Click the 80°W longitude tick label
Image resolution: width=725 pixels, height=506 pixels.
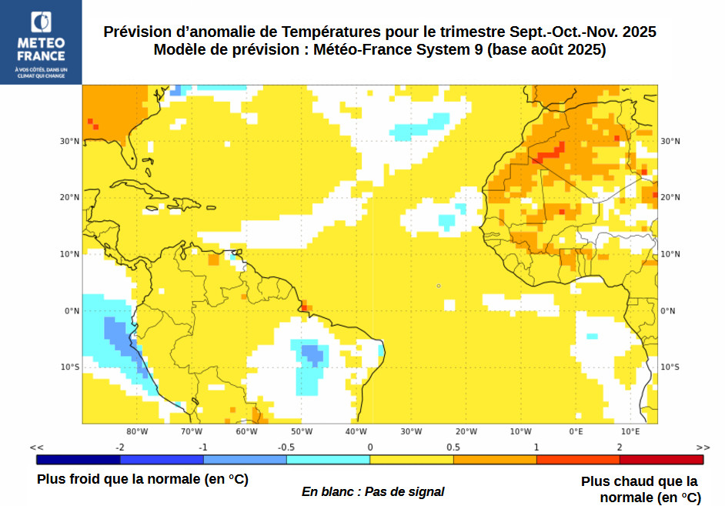[137, 431]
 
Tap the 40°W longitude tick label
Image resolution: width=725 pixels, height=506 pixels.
[356, 431]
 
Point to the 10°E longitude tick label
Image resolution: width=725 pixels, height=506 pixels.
[630, 431]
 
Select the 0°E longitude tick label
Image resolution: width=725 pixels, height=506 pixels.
[576, 431]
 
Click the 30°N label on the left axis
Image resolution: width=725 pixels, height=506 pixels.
[70, 141]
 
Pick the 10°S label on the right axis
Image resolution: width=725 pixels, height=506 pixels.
[670, 367]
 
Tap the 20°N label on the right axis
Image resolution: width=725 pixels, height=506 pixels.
[670, 197]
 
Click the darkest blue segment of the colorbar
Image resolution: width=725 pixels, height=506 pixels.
[79, 460]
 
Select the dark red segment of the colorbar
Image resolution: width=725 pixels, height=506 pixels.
[661, 460]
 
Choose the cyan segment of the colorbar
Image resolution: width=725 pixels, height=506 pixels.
[328, 460]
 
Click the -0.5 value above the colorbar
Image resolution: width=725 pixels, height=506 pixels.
[286, 447]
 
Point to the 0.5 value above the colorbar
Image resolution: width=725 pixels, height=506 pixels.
[453, 447]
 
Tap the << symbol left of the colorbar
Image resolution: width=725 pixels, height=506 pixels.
[36, 447]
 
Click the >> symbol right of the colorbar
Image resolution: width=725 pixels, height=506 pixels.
[703, 447]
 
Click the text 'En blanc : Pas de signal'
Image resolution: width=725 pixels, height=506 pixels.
[373, 491]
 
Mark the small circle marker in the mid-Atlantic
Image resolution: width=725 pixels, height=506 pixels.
[439, 286]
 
